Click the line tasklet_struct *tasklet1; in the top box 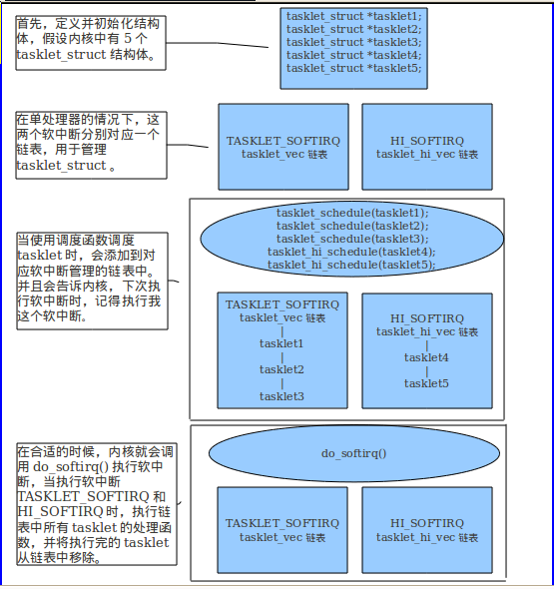click(x=354, y=16)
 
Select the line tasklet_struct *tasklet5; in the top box click(x=354, y=68)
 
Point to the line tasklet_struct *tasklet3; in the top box click(x=354, y=42)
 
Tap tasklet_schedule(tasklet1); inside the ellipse click(x=351, y=213)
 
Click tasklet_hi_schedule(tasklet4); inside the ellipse click(x=351, y=252)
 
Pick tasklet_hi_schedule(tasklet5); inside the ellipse click(x=351, y=265)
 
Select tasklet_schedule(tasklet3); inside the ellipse click(x=351, y=239)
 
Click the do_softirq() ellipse click(x=353, y=453)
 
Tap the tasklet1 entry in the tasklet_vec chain click(x=281, y=344)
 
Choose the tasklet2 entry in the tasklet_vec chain click(x=281, y=370)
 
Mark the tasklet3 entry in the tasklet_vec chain click(x=281, y=396)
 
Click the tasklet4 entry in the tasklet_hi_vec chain click(x=426, y=357)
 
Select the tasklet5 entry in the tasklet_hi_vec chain click(x=426, y=383)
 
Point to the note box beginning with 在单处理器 click(x=90, y=142)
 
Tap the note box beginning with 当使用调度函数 click(x=91, y=281)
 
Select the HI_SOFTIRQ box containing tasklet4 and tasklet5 click(x=427, y=349)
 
